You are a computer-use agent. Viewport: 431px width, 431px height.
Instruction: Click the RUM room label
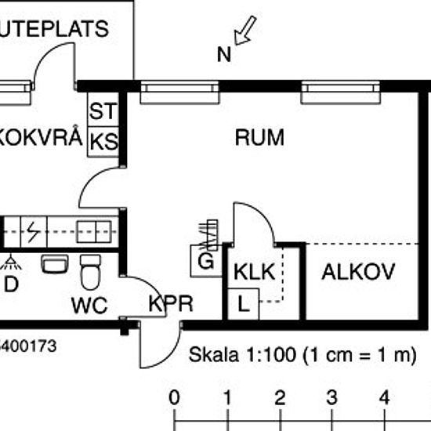pyautogui.click(x=259, y=138)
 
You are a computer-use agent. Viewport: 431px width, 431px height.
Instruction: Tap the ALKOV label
pyautogui.click(x=358, y=273)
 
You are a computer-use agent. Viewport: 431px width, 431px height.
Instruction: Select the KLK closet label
pyautogui.click(x=253, y=273)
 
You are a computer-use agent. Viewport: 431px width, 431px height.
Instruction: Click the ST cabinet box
pyautogui.click(x=103, y=110)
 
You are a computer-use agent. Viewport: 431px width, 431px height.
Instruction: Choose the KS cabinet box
pyautogui.click(x=103, y=141)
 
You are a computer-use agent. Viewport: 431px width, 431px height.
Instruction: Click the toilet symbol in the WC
pyautogui.click(x=91, y=271)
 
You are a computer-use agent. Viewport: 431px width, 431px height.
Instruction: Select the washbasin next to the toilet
pyautogui.click(x=55, y=264)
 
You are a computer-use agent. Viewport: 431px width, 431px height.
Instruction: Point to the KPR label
pyautogui.click(x=171, y=305)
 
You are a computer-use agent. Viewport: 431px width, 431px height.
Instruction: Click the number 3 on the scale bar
pyautogui.click(x=331, y=395)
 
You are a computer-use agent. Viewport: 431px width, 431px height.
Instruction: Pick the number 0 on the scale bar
pyautogui.click(x=174, y=395)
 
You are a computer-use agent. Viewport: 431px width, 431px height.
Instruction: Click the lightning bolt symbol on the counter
pyautogui.click(x=34, y=231)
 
